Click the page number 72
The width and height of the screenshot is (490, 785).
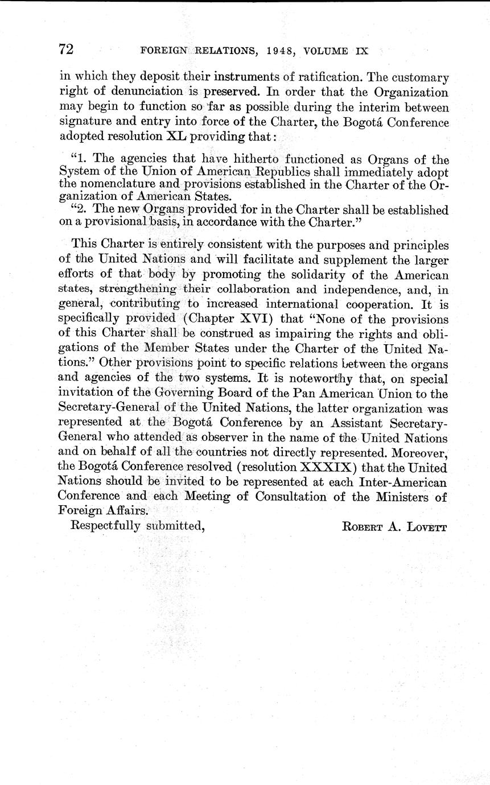67,49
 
